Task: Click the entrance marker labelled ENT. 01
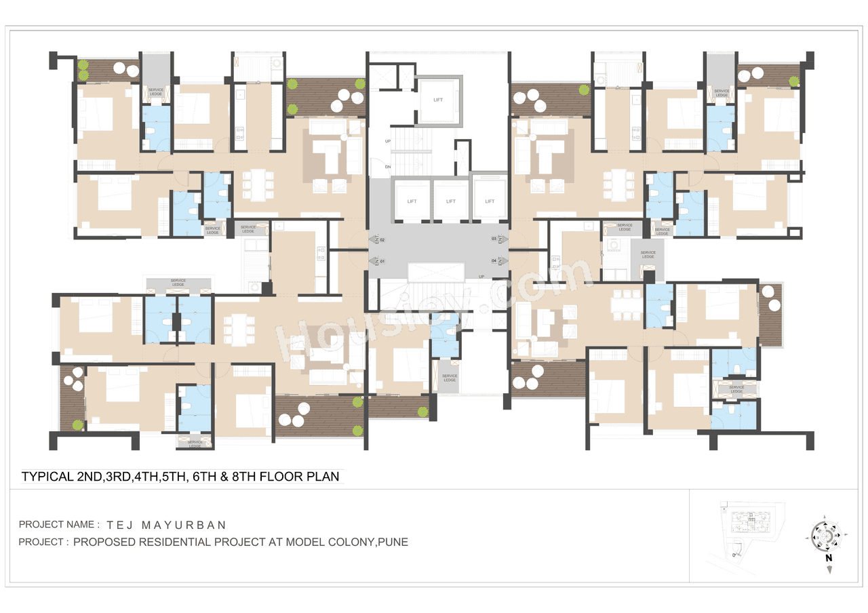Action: (x=377, y=261)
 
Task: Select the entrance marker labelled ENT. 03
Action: (x=499, y=239)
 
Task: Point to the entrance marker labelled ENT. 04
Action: (x=499, y=260)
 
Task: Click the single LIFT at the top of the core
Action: (x=438, y=100)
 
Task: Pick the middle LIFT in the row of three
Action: (x=450, y=201)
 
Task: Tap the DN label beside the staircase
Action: (x=388, y=166)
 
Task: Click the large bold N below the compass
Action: (x=829, y=558)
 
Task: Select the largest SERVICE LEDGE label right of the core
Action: (x=648, y=254)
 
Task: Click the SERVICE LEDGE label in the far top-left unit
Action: (x=155, y=92)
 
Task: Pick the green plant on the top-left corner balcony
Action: (x=83, y=65)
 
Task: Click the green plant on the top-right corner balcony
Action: (x=794, y=81)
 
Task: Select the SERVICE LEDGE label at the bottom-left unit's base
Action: (x=195, y=443)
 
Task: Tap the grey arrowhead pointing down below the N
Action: (x=829, y=570)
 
